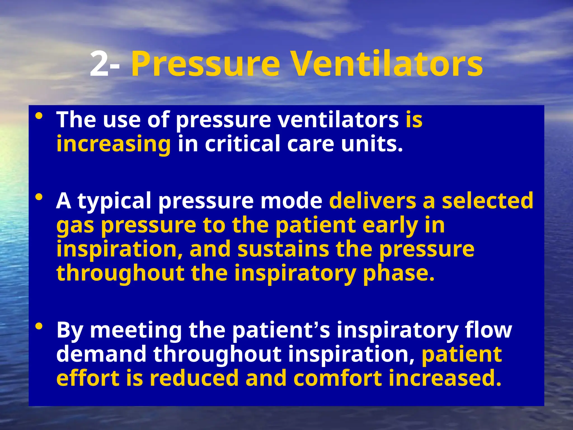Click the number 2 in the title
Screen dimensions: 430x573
pyautogui.click(x=99, y=64)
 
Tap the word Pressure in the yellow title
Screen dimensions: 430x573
pyautogui.click(x=205, y=64)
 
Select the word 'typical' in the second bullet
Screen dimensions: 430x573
pyautogui.click(x=114, y=201)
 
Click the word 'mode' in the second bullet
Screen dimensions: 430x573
pyautogui.click(x=291, y=201)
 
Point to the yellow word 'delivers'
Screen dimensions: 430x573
pyautogui.click(x=372, y=201)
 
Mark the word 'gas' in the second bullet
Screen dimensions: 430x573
pyautogui.click(x=75, y=226)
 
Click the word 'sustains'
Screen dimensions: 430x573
pyautogui.click(x=283, y=249)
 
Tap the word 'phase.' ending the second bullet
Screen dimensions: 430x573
pyautogui.click(x=399, y=273)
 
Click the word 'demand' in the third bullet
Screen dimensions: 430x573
pyautogui.click(x=101, y=354)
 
